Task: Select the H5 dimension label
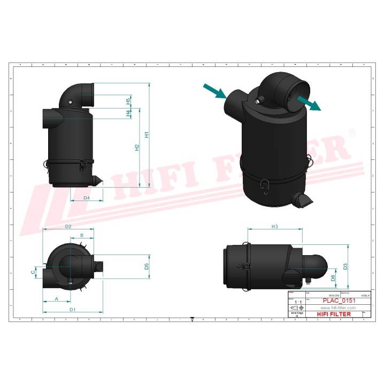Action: (x=128, y=101)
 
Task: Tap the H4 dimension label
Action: (x=128, y=113)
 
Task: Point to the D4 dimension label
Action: (x=87, y=198)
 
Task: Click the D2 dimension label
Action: (x=68, y=227)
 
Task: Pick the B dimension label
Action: (x=82, y=235)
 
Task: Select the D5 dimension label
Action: (x=147, y=266)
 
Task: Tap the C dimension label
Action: (x=33, y=272)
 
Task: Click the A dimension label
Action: (x=57, y=299)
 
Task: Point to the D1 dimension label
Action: (x=72, y=310)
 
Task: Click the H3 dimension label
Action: (x=275, y=227)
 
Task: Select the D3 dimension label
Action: (x=345, y=266)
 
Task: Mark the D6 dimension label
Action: (x=333, y=277)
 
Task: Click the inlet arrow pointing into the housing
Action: (x=215, y=91)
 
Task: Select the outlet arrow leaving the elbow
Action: (x=309, y=102)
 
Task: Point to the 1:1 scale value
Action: (x=298, y=302)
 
